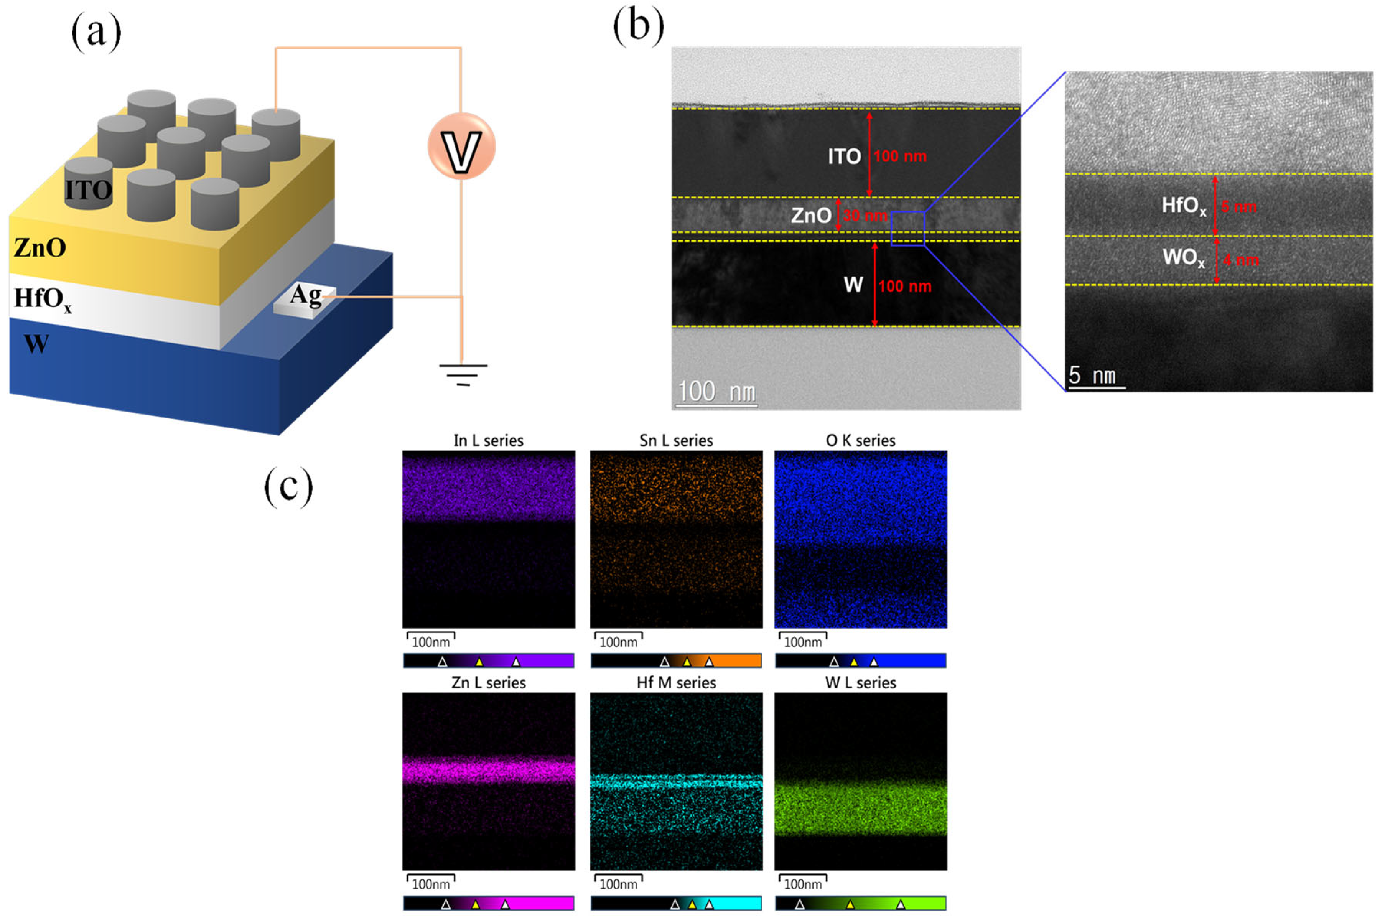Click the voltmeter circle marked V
point(461,147)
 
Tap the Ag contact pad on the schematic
point(305,300)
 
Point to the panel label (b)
point(638,28)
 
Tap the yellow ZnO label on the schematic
point(40,248)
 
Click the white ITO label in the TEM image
point(844,156)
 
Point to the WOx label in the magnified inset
point(1184,257)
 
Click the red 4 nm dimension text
point(1240,260)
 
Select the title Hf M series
point(676,683)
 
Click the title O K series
point(860,441)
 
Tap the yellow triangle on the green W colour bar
point(850,905)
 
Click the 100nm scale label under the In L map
point(431,642)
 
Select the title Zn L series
point(488,683)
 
